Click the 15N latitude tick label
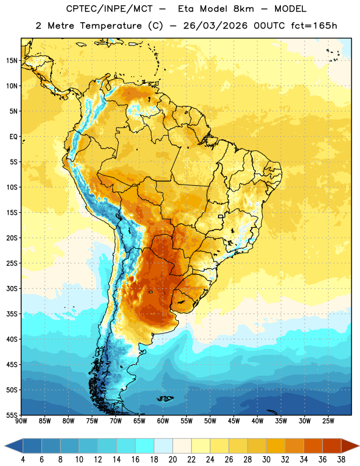pos(12,61)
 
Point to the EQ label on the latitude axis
pos(13,137)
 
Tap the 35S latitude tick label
pos(12,314)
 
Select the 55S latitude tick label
pos(12,415)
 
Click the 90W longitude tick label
pos(21,421)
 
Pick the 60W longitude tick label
pos(163,421)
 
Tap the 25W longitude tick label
pos(328,421)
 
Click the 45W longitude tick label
pos(234,421)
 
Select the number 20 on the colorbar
pos(172,460)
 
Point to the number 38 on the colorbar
pos(341,460)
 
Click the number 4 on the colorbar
pos(23,460)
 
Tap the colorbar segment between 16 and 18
pos(145,446)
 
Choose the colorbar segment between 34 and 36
pos(313,446)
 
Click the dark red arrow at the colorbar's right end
pos(350,446)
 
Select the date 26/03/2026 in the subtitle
pos(215,26)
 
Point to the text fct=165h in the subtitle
pos(314,26)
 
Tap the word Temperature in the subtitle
pos(111,26)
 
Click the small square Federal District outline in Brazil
pos(221,216)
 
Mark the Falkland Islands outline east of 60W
pos(165,398)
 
